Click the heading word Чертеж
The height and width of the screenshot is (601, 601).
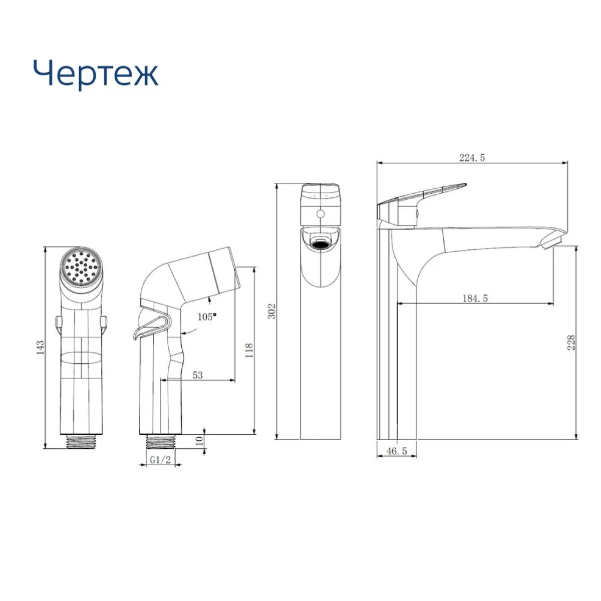click(96, 74)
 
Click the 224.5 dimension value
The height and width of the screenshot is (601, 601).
click(472, 158)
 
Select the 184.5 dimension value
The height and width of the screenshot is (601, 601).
click(475, 298)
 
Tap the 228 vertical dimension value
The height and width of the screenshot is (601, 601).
click(571, 343)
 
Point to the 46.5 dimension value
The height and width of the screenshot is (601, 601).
click(396, 451)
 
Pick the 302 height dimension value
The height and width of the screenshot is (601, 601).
click(271, 311)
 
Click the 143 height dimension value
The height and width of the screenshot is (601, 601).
click(41, 348)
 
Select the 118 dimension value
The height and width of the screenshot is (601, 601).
click(249, 350)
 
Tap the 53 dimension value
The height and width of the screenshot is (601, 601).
click(197, 375)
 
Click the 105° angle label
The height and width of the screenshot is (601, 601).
click(207, 317)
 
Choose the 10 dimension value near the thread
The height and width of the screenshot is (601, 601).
click(199, 441)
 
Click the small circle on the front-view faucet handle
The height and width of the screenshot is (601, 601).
click(321, 214)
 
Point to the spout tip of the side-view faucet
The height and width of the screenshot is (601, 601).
click(553, 242)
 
